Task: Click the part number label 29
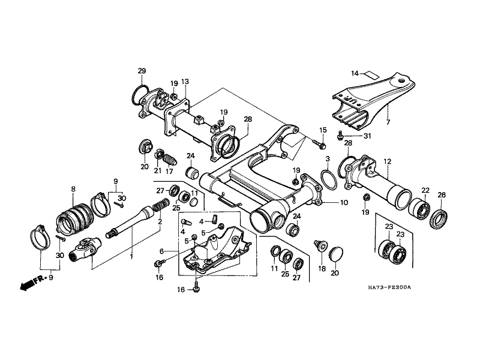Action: pyautogui.click(x=142, y=71)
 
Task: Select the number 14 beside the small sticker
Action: pyautogui.click(x=355, y=74)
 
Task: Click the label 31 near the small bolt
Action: pyautogui.click(x=368, y=136)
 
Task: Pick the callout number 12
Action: pyautogui.click(x=387, y=161)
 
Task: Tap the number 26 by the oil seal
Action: pyautogui.click(x=442, y=194)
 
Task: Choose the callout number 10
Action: pyautogui.click(x=344, y=203)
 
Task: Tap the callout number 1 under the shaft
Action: pyautogui.click(x=131, y=256)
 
